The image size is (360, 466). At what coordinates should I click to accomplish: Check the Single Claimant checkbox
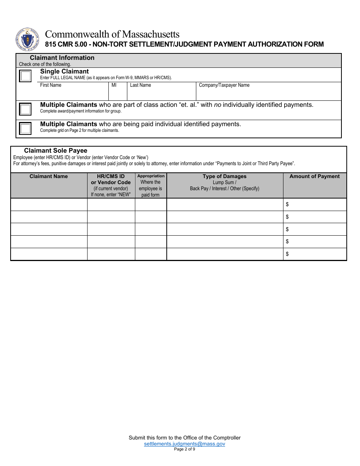click(25, 76)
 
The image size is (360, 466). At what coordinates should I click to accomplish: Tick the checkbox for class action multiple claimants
click(25, 109)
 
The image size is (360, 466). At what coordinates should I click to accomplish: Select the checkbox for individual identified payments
click(25, 128)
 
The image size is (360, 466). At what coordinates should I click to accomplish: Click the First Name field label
click(50, 85)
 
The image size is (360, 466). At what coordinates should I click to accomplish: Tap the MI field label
click(114, 85)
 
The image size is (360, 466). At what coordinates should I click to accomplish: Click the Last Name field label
click(140, 85)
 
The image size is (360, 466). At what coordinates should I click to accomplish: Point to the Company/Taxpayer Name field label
click(224, 85)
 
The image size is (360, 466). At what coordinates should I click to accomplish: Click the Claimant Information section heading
click(62, 58)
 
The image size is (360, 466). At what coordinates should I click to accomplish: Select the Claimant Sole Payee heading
click(55, 150)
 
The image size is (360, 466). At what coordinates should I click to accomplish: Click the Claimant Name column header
click(49, 176)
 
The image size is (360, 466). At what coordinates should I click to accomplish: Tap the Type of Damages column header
click(224, 176)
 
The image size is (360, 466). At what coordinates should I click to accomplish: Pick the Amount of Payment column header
click(315, 176)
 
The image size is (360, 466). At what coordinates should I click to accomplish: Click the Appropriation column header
click(151, 176)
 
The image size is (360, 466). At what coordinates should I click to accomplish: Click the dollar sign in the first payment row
click(287, 205)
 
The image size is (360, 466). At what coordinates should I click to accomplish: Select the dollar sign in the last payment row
click(287, 254)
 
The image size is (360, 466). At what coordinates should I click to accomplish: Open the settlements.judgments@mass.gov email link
click(184, 444)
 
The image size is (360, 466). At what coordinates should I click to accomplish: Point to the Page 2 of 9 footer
click(184, 449)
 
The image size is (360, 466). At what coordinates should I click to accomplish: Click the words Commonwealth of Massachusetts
click(112, 34)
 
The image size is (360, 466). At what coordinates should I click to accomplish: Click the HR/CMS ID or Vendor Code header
click(111, 179)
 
